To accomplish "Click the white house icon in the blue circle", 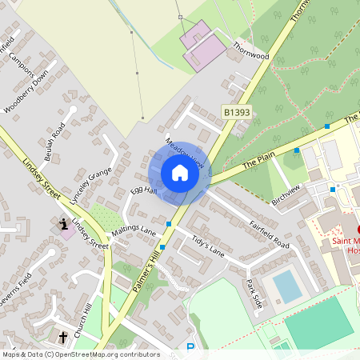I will click(x=180, y=173).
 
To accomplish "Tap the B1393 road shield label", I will click(x=237, y=114).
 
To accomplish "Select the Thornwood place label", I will click(x=251, y=50).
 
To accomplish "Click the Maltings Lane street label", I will click(x=134, y=230).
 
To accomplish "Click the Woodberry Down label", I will click(x=26, y=94).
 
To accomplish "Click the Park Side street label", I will click(x=254, y=294).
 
